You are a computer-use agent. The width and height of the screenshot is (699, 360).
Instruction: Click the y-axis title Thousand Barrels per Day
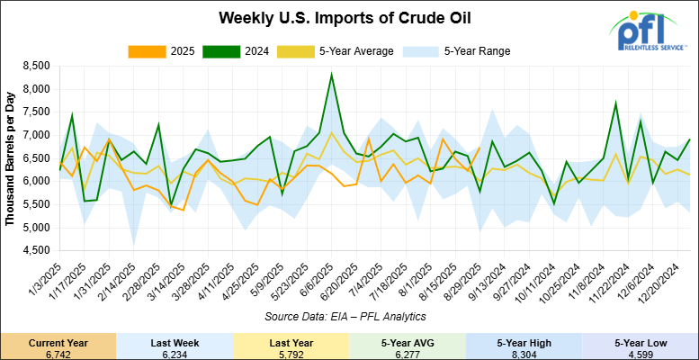click(x=10, y=157)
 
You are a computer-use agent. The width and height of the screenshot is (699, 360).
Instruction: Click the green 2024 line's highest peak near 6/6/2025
click(x=332, y=75)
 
